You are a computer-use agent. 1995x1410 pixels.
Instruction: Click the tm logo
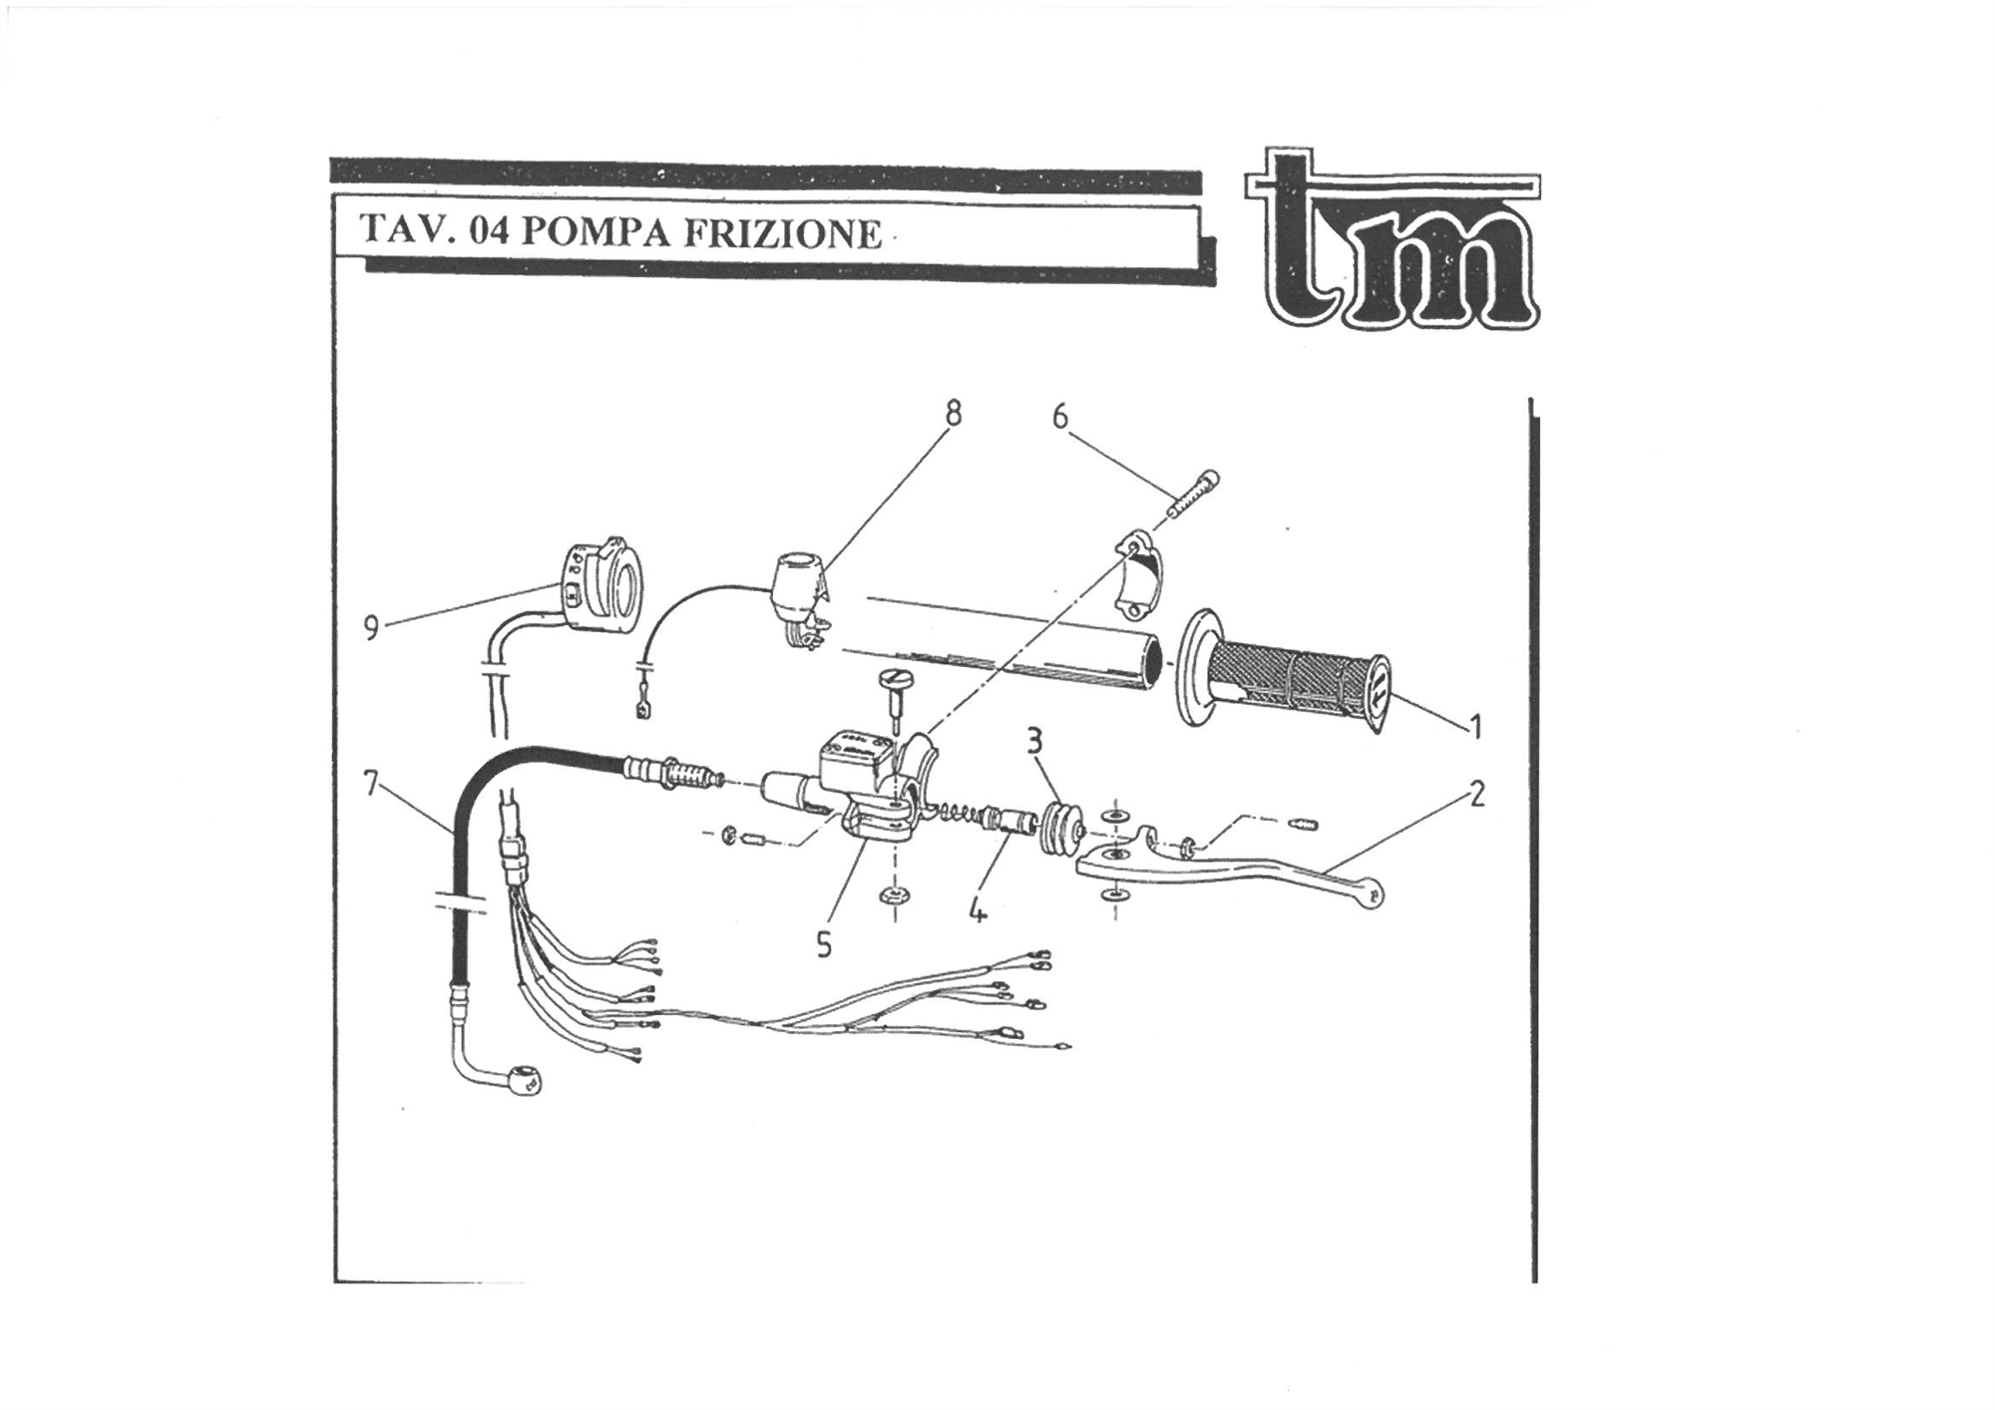[1392, 242]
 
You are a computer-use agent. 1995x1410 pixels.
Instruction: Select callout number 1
[1475, 727]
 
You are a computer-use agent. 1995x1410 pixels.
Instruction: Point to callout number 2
[1476, 794]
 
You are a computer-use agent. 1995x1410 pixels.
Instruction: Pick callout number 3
[1035, 741]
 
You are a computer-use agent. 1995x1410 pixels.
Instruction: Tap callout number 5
[823, 943]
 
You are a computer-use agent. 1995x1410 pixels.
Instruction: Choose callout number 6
[1059, 416]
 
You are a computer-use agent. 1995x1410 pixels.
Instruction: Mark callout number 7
[371, 785]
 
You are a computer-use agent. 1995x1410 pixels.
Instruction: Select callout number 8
[954, 412]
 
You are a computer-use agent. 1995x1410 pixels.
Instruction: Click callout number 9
[371, 628]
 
